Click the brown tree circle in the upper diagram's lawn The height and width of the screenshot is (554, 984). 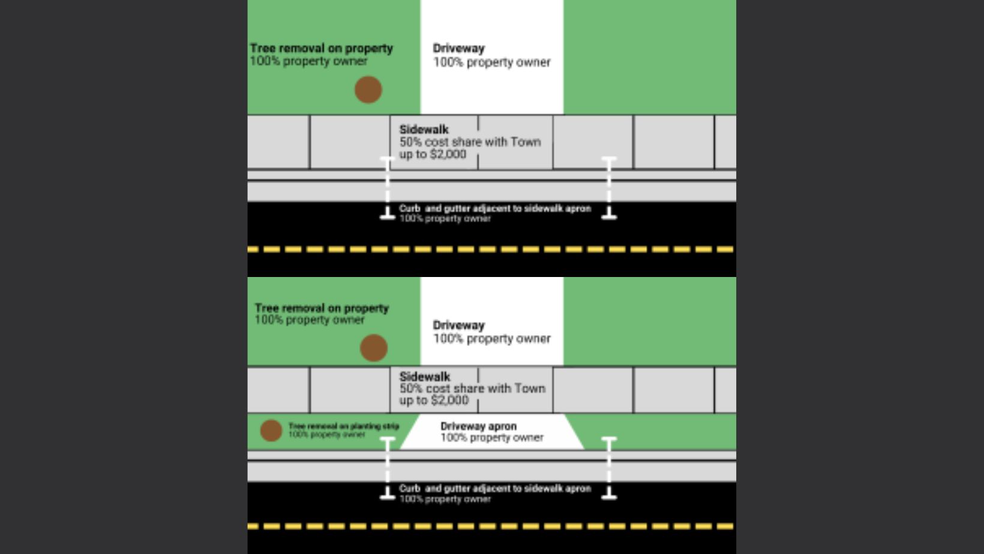pyautogui.click(x=368, y=90)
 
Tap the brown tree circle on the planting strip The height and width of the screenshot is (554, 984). pyautogui.click(x=271, y=430)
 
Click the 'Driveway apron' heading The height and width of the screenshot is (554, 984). pyautogui.click(x=478, y=426)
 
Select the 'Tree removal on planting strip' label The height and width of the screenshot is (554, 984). pyautogui.click(x=344, y=426)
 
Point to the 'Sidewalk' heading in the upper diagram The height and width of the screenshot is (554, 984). pyautogui.click(x=424, y=130)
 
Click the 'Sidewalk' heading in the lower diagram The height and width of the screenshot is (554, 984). pyautogui.click(x=425, y=377)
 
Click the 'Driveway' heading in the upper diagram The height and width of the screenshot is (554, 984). pyautogui.click(x=459, y=49)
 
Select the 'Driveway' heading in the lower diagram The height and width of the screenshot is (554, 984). pyautogui.click(x=459, y=325)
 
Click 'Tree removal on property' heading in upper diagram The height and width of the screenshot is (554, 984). pyautogui.click(x=322, y=48)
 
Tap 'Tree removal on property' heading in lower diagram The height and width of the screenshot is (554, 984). pyautogui.click(x=322, y=308)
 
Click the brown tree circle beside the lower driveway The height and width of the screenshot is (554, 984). pyautogui.click(x=373, y=348)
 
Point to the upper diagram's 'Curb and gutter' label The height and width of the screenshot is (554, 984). pyautogui.click(x=495, y=209)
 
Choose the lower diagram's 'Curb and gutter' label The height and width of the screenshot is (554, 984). pyautogui.click(x=495, y=489)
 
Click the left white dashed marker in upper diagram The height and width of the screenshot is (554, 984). pyautogui.click(x=388, y=188)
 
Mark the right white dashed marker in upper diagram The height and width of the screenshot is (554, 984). pyautogui.click(x=609, y=188)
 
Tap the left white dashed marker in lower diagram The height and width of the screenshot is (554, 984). pyautogui.click(x=388, y=468)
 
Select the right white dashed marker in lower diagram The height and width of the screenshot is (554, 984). pyautogui.click(x=609, y=468)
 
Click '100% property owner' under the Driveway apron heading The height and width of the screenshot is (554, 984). pyautogui.click(x=492, y=438)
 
